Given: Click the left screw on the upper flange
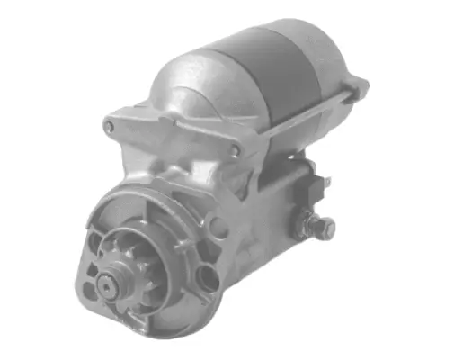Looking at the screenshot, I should (111, 127).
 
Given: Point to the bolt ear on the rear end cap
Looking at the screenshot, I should (358, 88).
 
